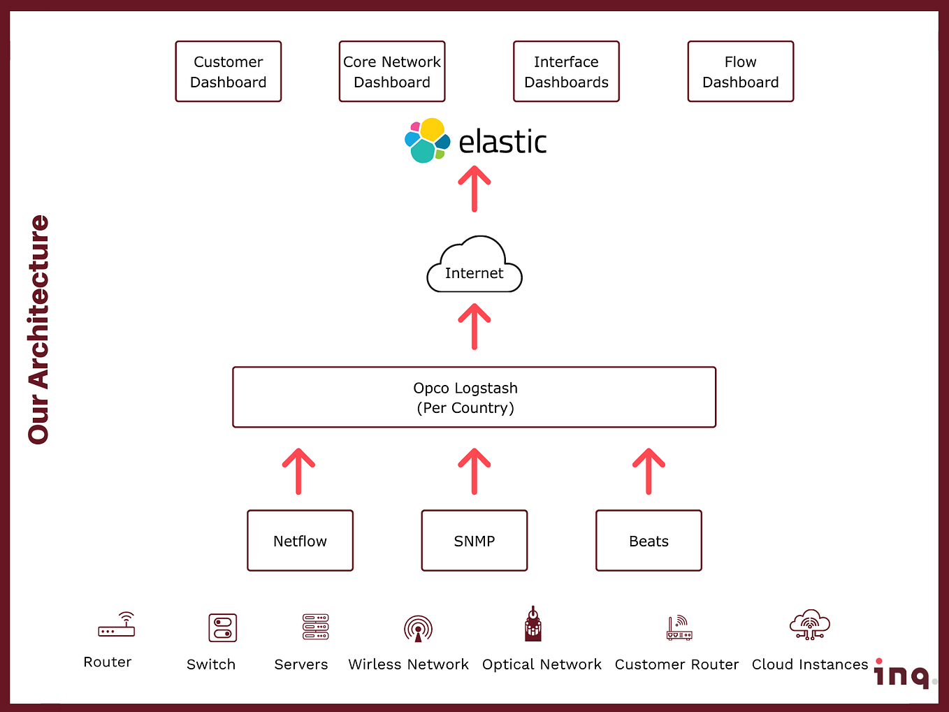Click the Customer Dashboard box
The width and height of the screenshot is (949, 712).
pos(229,71)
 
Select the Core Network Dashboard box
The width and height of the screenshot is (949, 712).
pos(392,71)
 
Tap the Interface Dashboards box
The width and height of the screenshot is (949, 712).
pos(566,71)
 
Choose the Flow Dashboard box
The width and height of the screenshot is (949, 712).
pos(741,71)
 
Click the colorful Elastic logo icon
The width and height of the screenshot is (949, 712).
pos(427,140)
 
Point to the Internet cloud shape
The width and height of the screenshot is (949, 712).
pos(474,264)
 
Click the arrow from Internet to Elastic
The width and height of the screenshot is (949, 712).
pos(474,189)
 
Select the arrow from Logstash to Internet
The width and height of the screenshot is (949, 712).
pos(474,326)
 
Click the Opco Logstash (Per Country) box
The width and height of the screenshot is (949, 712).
pos(474,398)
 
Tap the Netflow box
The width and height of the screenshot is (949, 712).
pos(300,540)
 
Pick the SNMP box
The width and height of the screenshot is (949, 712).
pos(474,540)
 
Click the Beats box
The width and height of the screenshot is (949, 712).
pos(649,540)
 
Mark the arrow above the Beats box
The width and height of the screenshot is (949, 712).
pos(649,471)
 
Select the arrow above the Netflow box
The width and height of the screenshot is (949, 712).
pos(298,471)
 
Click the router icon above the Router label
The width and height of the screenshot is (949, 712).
pos(116,625)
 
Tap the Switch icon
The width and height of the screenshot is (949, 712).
pos(223,627)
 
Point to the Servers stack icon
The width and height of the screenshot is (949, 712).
pos(316,626)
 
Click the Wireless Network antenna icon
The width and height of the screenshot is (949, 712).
pos(418,629)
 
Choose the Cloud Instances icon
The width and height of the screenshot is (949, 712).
pos(810,625)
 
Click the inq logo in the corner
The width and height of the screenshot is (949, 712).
pos(904,674)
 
